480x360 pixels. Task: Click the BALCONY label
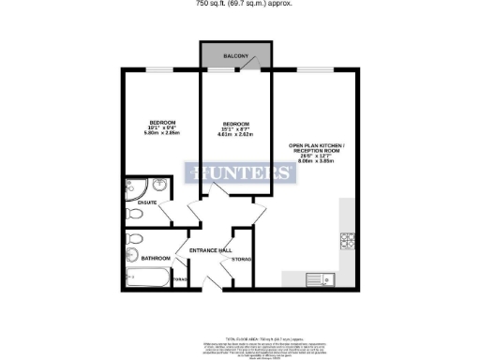click(x=235, y=57)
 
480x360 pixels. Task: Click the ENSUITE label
click(x=146, y=201)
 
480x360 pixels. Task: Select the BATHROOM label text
click(x=157, y=258)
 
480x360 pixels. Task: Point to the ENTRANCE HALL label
click(x=211, y=250)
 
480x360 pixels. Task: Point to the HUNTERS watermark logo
click(x=239, y=173)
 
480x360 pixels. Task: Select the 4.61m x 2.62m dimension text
click(x=235, y=134)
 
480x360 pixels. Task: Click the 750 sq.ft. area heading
click(x=240, y=4)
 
